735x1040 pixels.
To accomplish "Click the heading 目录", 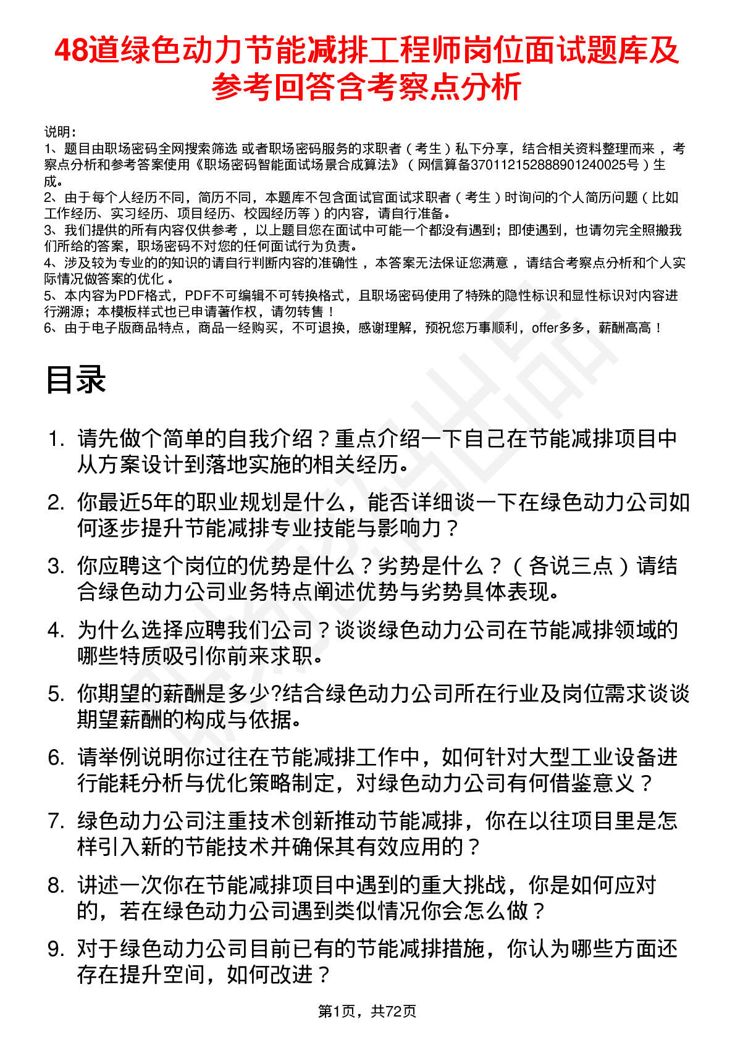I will [x=75, y=379].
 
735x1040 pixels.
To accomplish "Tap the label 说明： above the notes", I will [x=60, y=132].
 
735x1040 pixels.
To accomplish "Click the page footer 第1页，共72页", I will [x=367, y=1011].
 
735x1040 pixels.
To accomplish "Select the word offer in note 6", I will [x=545, y=328].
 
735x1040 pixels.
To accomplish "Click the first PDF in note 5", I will [x=130, y=296].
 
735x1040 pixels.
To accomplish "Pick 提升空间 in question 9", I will [x=162, y=975].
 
